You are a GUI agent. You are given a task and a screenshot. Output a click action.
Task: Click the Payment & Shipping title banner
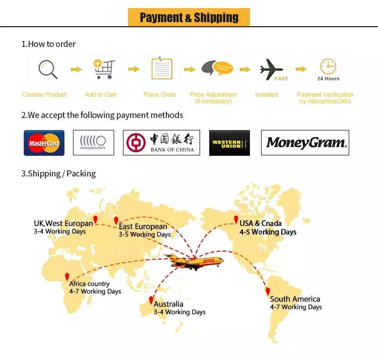point(189,18)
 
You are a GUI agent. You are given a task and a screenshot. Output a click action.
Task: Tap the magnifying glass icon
point(48,69)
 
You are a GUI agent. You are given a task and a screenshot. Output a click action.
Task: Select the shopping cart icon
point(104,69)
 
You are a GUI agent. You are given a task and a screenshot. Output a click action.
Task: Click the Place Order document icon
point(162,69)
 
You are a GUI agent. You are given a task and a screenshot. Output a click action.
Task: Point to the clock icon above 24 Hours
point(328,66)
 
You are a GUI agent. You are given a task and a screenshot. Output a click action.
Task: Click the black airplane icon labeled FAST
point(273,70)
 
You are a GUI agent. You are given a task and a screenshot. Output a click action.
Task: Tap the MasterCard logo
point(44,143)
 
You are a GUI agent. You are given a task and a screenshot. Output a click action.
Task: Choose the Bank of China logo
point(161,143)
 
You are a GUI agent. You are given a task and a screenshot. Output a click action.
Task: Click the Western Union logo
point(229,143)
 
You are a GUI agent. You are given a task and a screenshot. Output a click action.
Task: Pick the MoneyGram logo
point(305,143)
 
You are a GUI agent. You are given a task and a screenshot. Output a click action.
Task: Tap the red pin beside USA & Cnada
point(235,220)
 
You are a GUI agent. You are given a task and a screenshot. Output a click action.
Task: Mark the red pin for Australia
point(150,300)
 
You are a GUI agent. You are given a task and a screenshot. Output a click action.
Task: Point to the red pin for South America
point(268,291)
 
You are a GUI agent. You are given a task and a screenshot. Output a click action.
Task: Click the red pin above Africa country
point(67,277)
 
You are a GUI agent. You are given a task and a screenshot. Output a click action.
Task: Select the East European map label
point(143,227)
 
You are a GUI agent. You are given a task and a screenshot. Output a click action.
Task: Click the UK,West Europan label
point(64,223)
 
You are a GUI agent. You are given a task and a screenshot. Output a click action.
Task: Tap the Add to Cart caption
point(101,95)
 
